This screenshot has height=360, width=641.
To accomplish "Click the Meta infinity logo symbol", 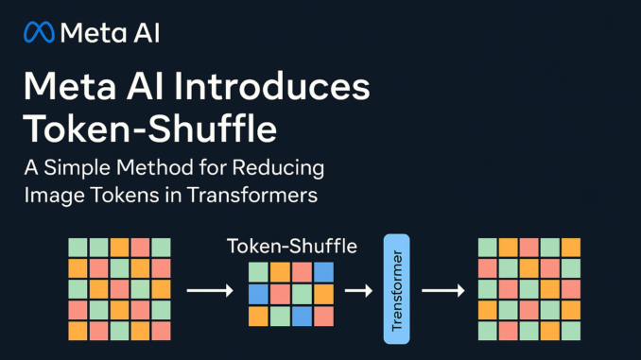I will click(x=39, y=34).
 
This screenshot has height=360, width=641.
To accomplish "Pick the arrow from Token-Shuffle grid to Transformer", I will click(x=357, y=289).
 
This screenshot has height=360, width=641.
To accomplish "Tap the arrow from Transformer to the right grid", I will click(x=442, y=289).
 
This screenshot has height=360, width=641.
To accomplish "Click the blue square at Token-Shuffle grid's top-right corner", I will click(x=323, y=272).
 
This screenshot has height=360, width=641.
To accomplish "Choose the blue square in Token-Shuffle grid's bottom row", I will click(x=303, y=315).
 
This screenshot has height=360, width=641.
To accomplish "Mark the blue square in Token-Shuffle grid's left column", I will click(x=258, y=294).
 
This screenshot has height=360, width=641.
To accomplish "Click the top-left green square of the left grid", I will click(x=77, y=247).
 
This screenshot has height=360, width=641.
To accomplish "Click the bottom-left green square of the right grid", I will click(x=487, y=330).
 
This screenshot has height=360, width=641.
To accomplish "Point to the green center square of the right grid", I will click(x=528, y=288).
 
